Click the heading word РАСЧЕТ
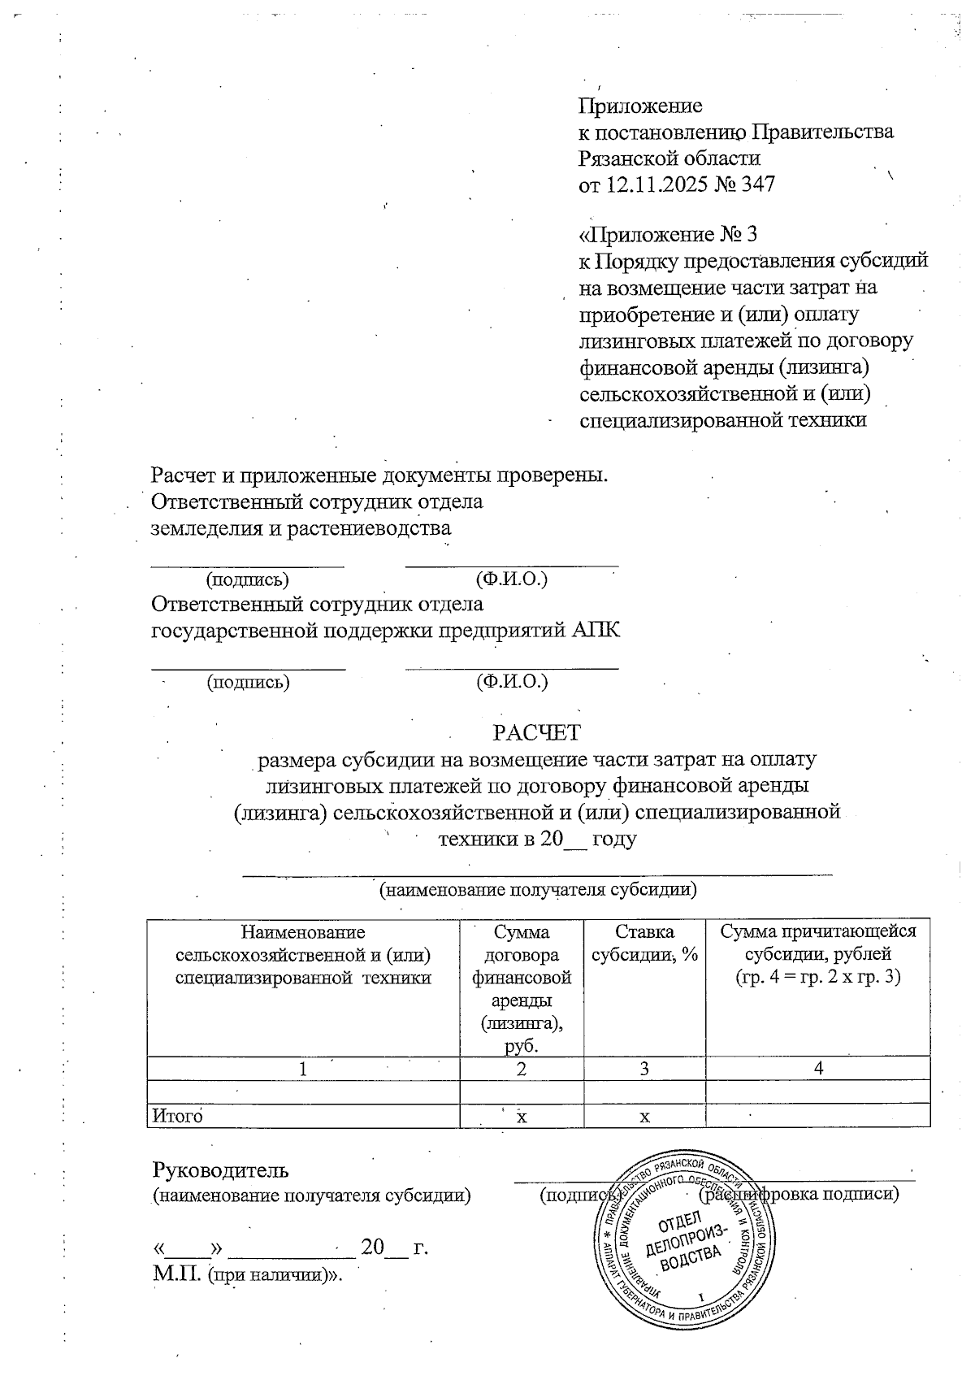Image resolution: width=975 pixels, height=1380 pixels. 537,732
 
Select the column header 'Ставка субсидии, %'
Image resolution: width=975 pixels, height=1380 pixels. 644,944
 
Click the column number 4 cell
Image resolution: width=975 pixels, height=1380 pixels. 818,1069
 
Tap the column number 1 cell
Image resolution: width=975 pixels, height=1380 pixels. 303,1069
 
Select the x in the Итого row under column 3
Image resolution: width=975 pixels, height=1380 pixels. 644,1117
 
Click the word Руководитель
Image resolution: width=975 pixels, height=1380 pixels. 220,1170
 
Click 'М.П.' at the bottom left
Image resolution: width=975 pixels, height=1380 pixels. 177,1274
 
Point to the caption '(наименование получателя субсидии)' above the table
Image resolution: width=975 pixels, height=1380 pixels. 538,889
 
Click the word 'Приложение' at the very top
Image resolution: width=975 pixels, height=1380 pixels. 639,106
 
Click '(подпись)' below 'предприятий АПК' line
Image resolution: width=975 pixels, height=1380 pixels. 248,681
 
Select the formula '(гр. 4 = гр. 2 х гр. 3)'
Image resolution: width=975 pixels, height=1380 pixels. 818,977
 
